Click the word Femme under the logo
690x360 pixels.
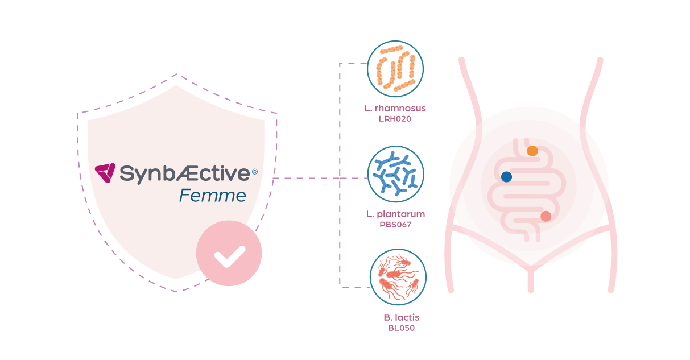coord(213,196)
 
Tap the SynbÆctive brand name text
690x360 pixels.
coord(184,173)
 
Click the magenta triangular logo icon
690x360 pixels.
coord(105,172)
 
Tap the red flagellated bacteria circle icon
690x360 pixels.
coord(398,278)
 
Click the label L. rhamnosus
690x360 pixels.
coord(395,108)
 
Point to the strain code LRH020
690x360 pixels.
coord(395,119)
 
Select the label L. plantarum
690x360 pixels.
coord(395,214)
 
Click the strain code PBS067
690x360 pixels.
coord(395,225)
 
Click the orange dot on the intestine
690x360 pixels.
coord(532,151)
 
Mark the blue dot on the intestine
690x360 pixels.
coord(506,177)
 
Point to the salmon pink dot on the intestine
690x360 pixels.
coord(546,216)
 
